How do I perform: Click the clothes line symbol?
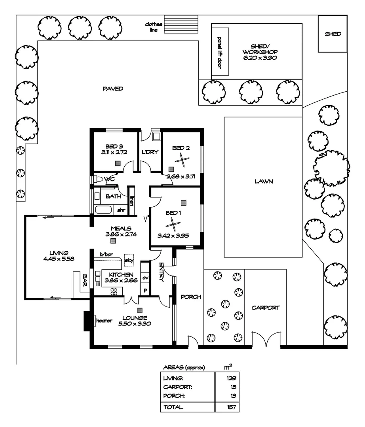point(181,24)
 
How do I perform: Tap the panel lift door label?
point(219,52)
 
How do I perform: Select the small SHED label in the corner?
point(333,34)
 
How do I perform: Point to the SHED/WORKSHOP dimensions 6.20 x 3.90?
point(260,58)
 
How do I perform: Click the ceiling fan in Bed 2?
point(182,160)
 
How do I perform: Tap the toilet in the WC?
point(98,179)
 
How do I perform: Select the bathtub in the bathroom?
point(103,210)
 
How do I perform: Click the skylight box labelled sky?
point(129,260)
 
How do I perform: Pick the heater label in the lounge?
point(104,321)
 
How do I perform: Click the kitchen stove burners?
point(114,292)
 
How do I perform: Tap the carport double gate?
point(266,339)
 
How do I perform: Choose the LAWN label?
point(264,181)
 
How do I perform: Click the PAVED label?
point(113,89)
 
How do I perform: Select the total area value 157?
point(231,407)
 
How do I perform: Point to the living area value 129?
point(231,378)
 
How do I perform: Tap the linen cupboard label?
point(132,201)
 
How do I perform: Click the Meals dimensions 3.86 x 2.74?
point(121,234)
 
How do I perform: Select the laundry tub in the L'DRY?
point(156,136)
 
